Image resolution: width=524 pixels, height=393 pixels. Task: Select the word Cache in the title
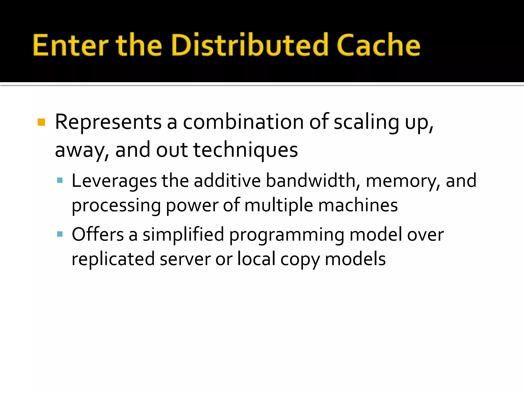(x=378, y=45)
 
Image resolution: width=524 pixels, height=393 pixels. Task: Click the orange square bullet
(x=41, y=122)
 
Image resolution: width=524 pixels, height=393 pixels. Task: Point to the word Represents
(x=108, y=122)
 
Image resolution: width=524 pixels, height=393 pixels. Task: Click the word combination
(x=243, y=122)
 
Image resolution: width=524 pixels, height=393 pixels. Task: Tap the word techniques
(x=245, y=150)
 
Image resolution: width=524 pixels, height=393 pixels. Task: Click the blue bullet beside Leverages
(x=60, y=181)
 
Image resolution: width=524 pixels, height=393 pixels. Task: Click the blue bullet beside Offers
(x=60, y=234)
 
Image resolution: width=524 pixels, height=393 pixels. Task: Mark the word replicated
(x=113, y=259)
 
